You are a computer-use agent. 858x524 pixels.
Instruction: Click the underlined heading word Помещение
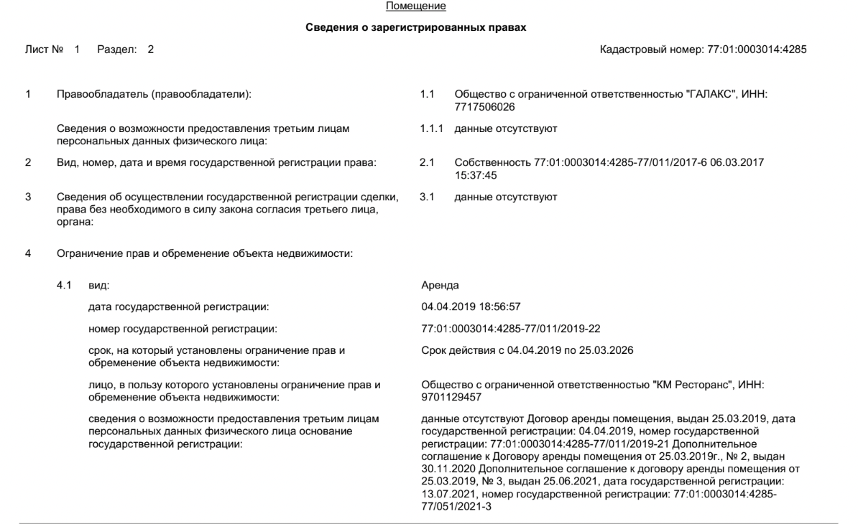pos(416,6)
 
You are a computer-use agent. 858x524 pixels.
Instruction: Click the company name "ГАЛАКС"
pos(712,95)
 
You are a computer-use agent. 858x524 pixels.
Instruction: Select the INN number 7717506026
pos(480,106)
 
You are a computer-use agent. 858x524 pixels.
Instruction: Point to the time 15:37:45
pos(476,174)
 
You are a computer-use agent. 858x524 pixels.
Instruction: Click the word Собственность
pos(493,163)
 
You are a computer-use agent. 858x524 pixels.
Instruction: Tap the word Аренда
pos(440,286)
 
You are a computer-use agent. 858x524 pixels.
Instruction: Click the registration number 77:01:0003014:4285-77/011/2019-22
pos(511,329)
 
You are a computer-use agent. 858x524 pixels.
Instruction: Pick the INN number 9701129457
pos(451,397)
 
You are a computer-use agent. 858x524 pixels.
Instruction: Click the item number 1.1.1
pos(431,128)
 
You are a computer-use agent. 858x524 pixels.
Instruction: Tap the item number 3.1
pos(428,197)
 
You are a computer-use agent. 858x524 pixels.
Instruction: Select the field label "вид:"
pos(98,286)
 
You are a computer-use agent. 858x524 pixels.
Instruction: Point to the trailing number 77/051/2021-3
pos(456,506)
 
